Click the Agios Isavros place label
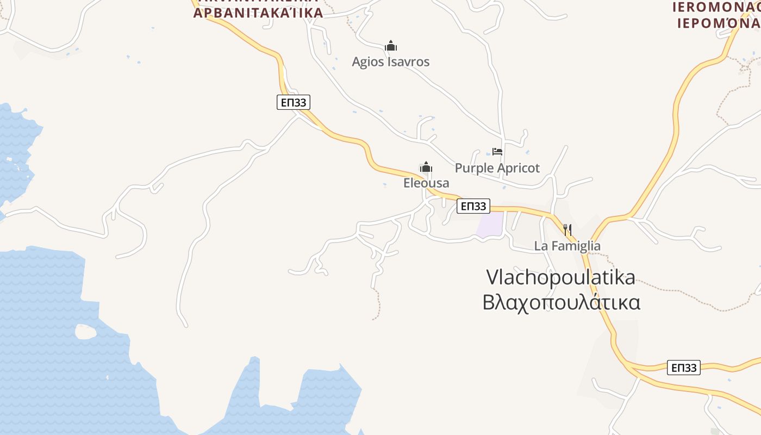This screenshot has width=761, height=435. (x=390, y=62)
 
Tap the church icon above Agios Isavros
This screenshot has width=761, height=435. (x=390, y=46)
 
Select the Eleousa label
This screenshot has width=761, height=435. (x=426, y=183)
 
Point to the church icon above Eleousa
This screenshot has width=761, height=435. (x=426, y=167)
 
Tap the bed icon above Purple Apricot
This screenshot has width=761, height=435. (x=497, y=152)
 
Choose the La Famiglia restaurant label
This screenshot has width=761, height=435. (x=567, y=246)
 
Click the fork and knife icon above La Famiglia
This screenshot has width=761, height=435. (x=567, y=230)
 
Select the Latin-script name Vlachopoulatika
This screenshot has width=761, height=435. (x=560, y=277)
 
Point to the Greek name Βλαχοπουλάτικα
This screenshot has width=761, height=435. (x=561, y=302)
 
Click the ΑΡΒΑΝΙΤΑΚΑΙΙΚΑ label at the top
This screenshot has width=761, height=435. (x=258, y=12)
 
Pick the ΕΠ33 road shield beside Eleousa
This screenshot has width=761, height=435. (x=473, y=206)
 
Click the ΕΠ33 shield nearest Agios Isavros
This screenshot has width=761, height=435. (x=294, y=102)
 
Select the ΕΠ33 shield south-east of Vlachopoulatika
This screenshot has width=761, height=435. (x=683, y=368)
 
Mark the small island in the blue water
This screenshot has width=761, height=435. (x=85, y=332)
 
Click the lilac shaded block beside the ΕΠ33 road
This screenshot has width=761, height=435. (x=490, y=225)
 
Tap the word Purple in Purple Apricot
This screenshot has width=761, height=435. (x=473, y=168)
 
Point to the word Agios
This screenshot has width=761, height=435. (x=367, y=62)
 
